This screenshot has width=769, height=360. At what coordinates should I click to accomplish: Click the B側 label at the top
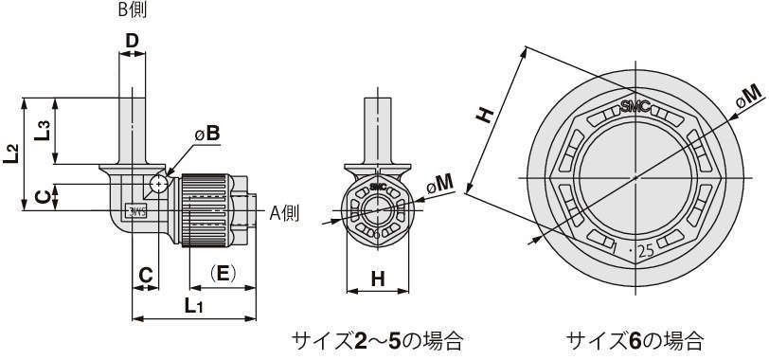coord(133,9)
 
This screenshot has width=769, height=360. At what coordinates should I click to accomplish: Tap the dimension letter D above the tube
coord(132,41)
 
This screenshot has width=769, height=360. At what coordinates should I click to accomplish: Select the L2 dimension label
coord(10,153)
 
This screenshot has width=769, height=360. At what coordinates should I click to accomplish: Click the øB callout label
coord(207,134)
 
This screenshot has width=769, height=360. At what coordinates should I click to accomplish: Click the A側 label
coord(284,213)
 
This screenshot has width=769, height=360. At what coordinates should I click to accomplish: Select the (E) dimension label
coord(223,273)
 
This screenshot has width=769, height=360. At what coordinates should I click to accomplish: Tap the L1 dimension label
coord(194,306)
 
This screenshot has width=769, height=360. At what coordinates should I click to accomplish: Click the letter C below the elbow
coord(145,275)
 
